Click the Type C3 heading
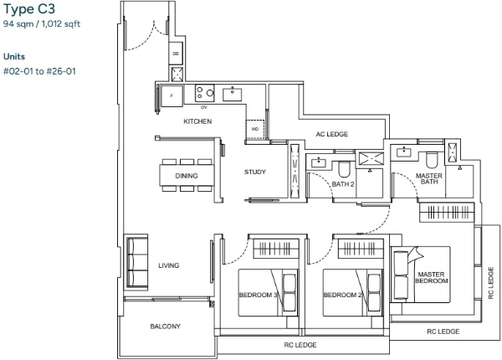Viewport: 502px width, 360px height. pyautogui.click(x=29, y=9)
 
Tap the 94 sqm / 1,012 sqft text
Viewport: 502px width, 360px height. pyautogui.click(x=42, y=24)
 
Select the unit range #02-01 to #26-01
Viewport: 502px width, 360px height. pyautogui.click(x=39, y=71)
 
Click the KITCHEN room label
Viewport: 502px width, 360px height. pyautogui.click(x=197, y=121)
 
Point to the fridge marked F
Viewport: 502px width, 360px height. pyautogui.click(x=172, y=95)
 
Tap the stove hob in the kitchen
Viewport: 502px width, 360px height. pyautogui.click(x=205, y=93)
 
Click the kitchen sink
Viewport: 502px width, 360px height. pyautogui.click(x=233, y=94)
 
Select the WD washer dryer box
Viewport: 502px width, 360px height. pyautogui.click(x=255, y=130)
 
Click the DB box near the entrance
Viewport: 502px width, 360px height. pyautogui.click(x=176, y=54)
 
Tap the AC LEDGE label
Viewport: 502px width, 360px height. pyautogui.click(x=332, y=134)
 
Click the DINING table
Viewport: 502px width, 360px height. pyautogui.click(x=187, y=176)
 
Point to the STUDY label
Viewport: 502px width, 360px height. pyautogui.click(x=255, y=172)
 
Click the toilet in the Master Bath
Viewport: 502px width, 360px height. pyautogui.click(x=432, y=160)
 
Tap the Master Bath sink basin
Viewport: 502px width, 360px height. pyautogui.click(x=404, y=152)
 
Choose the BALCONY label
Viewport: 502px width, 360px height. pyautogui.click(x=166, y=327)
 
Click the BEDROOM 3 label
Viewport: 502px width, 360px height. pyautogui.click(x=259, y=295)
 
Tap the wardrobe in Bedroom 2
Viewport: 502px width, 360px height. pyautogui.click(x=361, y=249)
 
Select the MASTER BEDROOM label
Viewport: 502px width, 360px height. pyautogui.click(x=431, y=278)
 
